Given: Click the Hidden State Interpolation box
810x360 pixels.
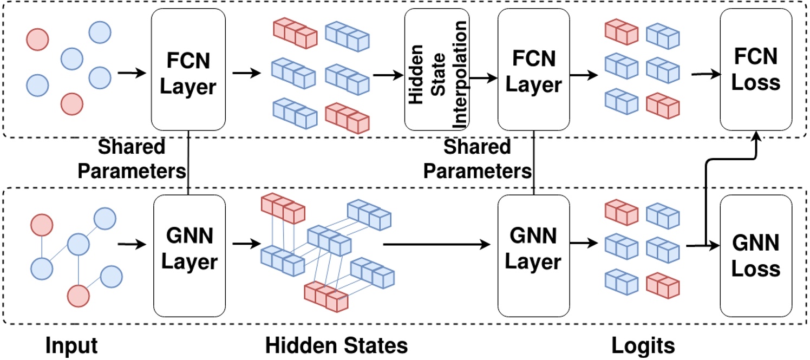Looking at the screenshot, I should coord(436,69).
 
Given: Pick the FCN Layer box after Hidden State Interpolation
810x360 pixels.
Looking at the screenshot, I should coord(533,69).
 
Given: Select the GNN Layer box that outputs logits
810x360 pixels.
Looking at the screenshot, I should coord(533,256).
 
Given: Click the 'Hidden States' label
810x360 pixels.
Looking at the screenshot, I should coord(336,345).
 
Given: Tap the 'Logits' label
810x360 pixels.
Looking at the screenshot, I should coord(643,345).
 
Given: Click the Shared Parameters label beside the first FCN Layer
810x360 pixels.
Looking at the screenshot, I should coord(132,159).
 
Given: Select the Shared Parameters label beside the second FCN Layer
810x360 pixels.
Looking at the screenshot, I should coord(476,159).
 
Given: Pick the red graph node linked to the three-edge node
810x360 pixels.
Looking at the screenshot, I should coord(77,295).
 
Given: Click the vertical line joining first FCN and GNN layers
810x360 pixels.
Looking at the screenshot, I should coord(188,162).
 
